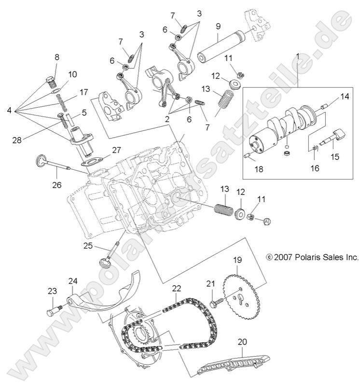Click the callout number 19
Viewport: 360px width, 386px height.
pos(237,260)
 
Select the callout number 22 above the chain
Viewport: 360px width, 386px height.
pos(177,288)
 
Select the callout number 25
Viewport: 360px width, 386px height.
pos(87,246)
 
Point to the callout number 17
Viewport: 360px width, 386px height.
pos(84,92)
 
